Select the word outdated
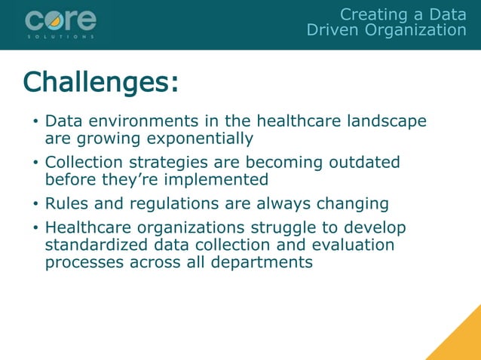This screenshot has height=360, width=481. [362, 163]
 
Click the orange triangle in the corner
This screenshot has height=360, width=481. [461, 340]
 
